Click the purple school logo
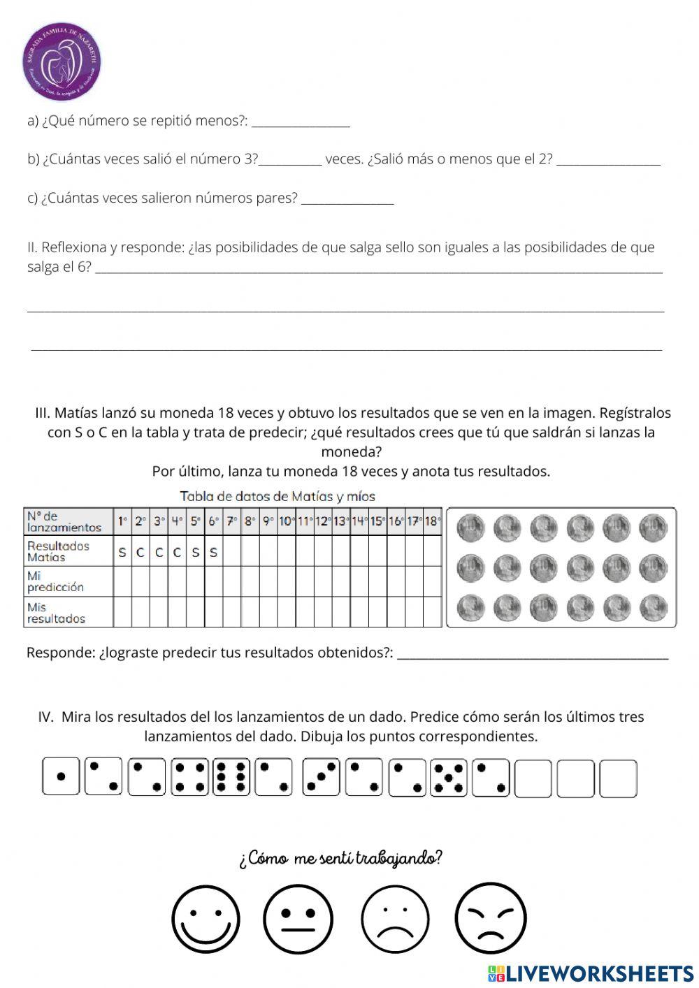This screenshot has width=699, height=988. [x=62, y=61]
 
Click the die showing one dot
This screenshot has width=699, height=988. [x=61, y=777]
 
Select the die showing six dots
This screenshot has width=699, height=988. [x=231, y=777]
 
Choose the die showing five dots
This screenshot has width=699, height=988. [x=448, y=777]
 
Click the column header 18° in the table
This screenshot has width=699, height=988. [x=433, y=521]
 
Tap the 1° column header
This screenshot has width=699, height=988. [x=122, y=521]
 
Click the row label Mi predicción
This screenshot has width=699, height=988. [x=55, y=581]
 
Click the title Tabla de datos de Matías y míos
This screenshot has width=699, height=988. [x=278, y=497]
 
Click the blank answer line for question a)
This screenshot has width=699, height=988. [x=301, y=124]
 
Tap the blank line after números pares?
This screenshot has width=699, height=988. [x=347, y=201]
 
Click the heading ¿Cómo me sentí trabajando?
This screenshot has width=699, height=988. [x=340, y=858]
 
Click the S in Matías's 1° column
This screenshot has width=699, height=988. [x=122, y=552]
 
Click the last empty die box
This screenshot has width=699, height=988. [x=618, y=778]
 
